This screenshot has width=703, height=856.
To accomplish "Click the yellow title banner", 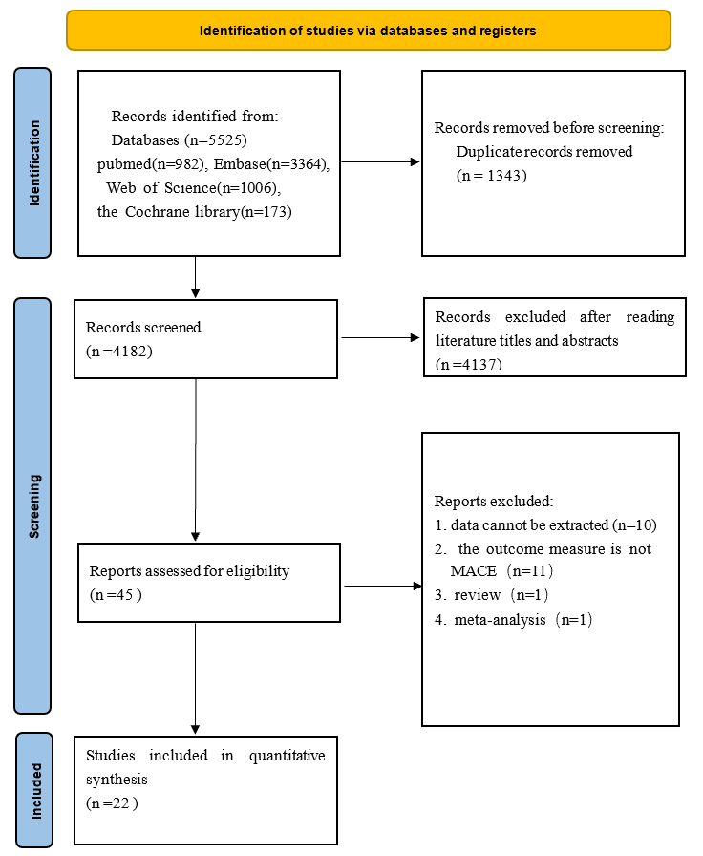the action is [x=369, y=31].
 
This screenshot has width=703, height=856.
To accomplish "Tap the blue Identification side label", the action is [x=32, y=162].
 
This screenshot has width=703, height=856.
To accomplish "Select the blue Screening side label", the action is [x=32, y=505].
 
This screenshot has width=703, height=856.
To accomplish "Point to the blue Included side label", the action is [x=34, y=790].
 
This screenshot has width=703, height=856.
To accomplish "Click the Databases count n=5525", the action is [x=216, y=140].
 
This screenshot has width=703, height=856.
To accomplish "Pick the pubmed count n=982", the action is [x=178, y=164].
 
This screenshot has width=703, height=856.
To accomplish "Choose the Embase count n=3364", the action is [x=297, y=164].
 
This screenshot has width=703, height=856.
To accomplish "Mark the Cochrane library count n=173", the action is [x=266, y=212].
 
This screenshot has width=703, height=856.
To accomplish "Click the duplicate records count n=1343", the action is [x=492, y=175].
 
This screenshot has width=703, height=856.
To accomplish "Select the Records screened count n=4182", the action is [x=119, y=351].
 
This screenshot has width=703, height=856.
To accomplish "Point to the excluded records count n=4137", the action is [x=469, y=364].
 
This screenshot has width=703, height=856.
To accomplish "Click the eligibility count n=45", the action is [x=116, y=594].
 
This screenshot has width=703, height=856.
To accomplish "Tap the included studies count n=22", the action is [x=112, y=803].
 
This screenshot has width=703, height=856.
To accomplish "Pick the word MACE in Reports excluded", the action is [x=473, y=571].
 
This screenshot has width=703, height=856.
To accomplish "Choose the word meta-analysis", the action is [x=500, y=620].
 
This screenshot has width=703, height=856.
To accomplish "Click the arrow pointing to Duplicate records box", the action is [x=380, y=161].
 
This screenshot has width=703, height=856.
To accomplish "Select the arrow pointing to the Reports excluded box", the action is [x=383, y=586].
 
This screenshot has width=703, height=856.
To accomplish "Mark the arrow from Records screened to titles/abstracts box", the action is [x=380, y=337].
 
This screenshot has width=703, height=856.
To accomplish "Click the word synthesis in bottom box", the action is [x=117, y=780].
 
